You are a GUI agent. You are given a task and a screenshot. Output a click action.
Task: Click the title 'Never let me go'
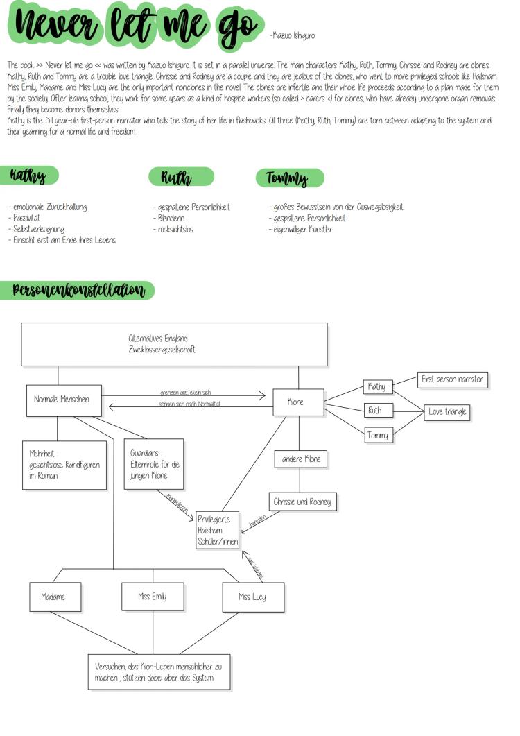coord(132,26)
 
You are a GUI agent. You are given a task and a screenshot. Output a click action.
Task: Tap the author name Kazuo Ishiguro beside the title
coord(292,35)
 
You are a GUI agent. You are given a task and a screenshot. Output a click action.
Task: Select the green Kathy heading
coord(29,176)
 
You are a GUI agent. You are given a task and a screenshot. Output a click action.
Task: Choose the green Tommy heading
coord(286,178)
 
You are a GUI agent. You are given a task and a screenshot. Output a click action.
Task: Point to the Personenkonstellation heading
coord(78,290)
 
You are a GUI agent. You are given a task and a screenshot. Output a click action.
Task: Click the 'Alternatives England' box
coord(173,344)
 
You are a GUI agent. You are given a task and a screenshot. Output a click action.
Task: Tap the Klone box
coord(299,402)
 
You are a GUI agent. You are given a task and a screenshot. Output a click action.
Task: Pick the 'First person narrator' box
coord(452,380)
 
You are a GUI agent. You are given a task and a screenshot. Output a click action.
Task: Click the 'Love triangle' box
coord(447,412)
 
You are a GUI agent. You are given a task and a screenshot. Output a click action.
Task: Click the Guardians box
coord(154,464)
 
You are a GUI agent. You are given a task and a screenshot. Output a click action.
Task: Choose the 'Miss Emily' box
coord(153,597)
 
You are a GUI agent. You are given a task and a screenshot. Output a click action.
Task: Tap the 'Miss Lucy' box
coord(252,597)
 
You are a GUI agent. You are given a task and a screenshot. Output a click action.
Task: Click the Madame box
coord(53,597)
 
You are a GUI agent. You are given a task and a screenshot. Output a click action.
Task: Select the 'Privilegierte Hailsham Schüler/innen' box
coord(216,531)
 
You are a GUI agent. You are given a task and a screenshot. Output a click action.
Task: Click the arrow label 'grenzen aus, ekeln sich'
coord(185,393)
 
